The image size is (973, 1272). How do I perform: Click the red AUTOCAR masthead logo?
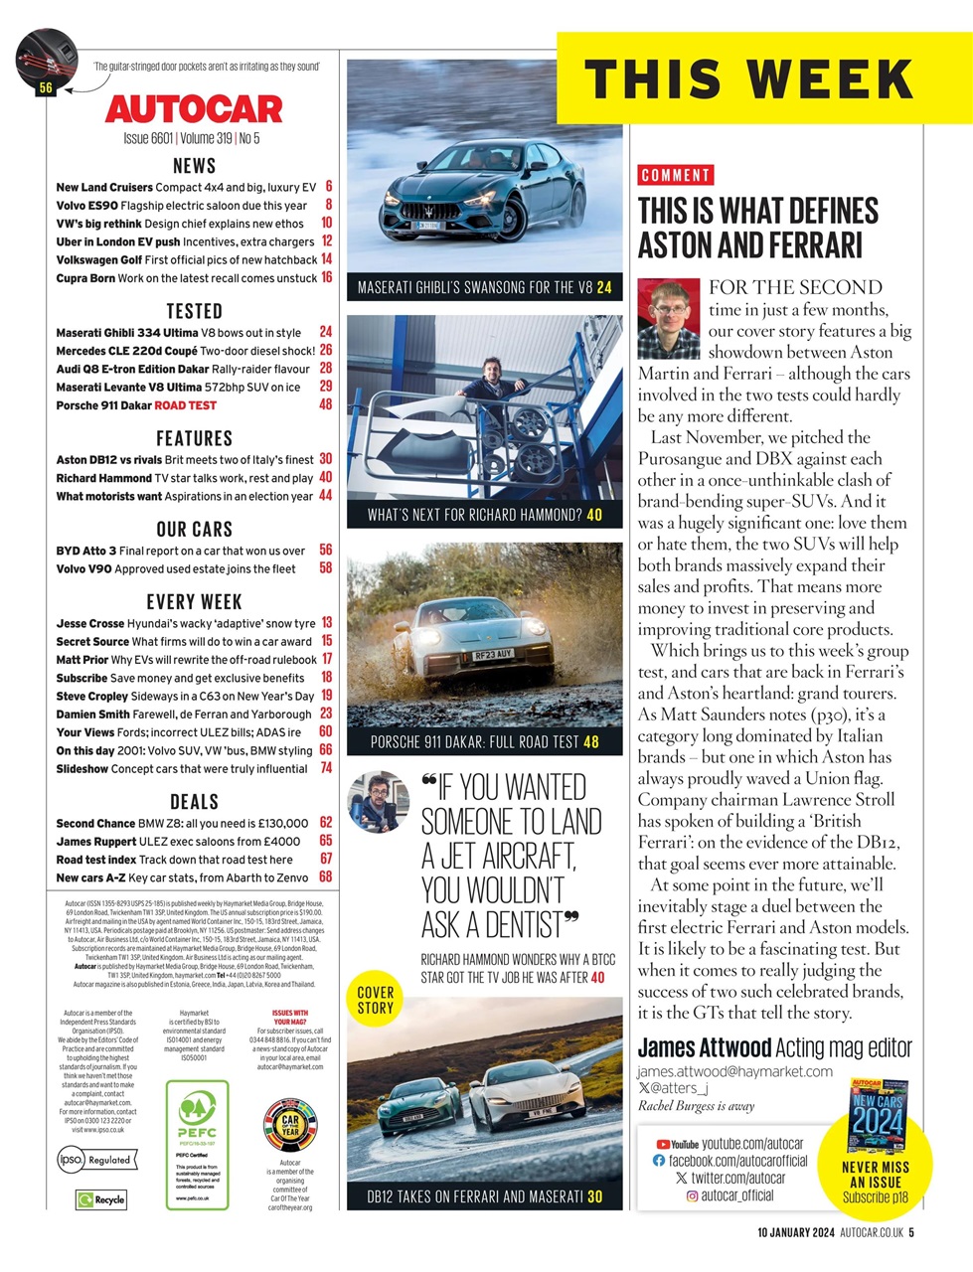(x=194, y=108)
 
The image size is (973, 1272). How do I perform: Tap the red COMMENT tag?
(x=676, y=176)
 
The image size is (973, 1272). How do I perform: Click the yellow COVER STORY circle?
(x=376, y=1000)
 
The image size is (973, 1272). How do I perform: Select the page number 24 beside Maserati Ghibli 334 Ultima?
(x=326, y=332)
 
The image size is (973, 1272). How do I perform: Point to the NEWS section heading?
(x=194, y=165)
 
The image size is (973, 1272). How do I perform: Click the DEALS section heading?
(x=194, y=801)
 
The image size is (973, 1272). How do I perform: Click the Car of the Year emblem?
(x=289, y=1125)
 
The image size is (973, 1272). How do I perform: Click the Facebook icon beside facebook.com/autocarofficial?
(x=659, y=1161)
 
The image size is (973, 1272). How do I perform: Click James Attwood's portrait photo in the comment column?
(x=669, y=318)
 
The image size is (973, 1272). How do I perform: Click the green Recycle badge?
(x=101, y=1199)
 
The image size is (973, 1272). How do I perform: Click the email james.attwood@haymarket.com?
(x=734, y=1071)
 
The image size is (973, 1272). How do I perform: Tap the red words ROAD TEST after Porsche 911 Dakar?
(x=185, y=405)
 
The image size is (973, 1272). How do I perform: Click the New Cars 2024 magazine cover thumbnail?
(x=878, y=1115)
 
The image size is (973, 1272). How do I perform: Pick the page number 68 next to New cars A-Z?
(x=326, y=877)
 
